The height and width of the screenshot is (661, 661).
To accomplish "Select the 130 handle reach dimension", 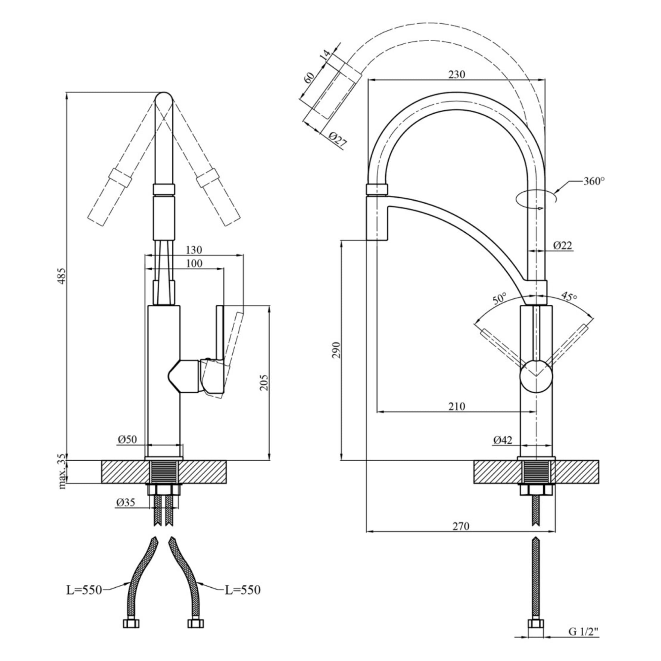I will pos(194,250).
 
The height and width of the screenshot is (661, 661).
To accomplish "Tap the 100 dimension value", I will pos(194,263).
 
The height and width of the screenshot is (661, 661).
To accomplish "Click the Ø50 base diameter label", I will pos(127,439).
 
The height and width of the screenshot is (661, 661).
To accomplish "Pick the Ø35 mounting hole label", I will pos(126,502).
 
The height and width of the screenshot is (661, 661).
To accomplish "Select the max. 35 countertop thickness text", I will pos(62,472).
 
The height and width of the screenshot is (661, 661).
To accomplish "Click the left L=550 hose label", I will pos(84,590).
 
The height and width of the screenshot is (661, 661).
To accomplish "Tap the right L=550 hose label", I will pos(243,590).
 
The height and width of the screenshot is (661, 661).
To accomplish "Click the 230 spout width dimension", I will pos(457,74).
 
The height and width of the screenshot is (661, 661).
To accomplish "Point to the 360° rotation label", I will pos(594,181).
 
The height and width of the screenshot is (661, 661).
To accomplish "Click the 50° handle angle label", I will pos(500,299).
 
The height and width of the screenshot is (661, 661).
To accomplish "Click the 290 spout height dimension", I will pos(337,349).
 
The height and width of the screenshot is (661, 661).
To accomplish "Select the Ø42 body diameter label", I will pos(503,440).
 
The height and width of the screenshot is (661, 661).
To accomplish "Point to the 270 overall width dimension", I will pos(461,526).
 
